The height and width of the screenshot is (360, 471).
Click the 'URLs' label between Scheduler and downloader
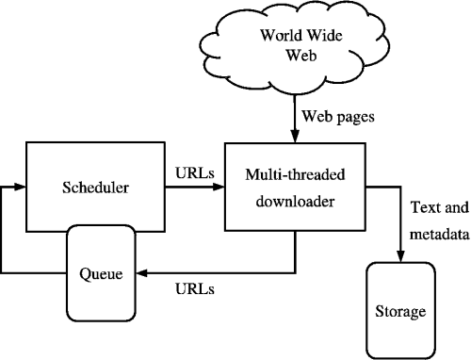tap(195, 173)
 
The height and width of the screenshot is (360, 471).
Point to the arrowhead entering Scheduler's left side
tap(18, 187)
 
